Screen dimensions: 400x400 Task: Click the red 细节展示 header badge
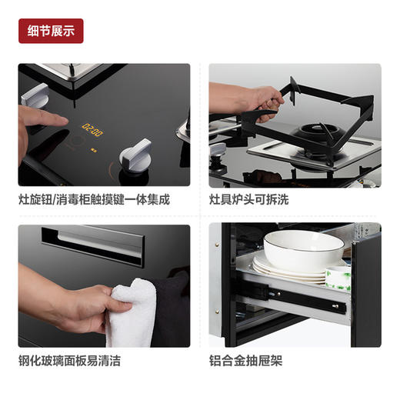50,31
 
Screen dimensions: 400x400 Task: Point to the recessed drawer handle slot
98,242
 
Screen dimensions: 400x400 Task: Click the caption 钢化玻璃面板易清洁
70,360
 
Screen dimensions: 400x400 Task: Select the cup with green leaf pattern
338,278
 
